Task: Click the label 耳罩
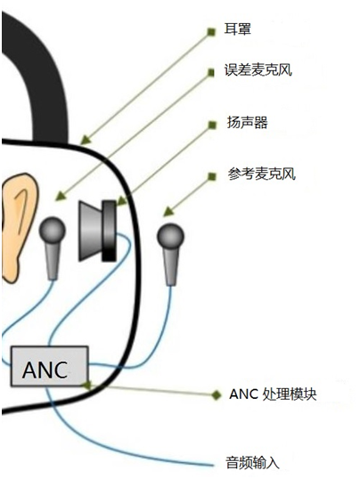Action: click(238, 29)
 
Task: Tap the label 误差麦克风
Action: click(258, 70)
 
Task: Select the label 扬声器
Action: click(247, 123)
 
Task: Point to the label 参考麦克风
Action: click(261, 175)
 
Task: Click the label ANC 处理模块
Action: click(273, 394)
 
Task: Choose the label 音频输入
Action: click(253, 462)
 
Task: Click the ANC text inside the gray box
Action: click(45, 370)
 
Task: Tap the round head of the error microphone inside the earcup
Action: click(52, 230)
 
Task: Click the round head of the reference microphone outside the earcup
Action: click(170, 237)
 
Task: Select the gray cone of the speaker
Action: click(91, 231)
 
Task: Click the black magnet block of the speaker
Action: click(110, 231)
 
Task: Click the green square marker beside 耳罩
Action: click(211, 32)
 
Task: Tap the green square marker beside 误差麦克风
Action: click(211, 72)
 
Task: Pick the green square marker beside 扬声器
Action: click(212, 125)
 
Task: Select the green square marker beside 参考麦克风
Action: click(212, 176)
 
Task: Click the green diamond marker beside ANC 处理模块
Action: click(217, 395)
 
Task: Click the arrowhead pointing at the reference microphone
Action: click(168, 211)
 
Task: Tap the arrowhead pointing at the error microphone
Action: click(61, 196)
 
